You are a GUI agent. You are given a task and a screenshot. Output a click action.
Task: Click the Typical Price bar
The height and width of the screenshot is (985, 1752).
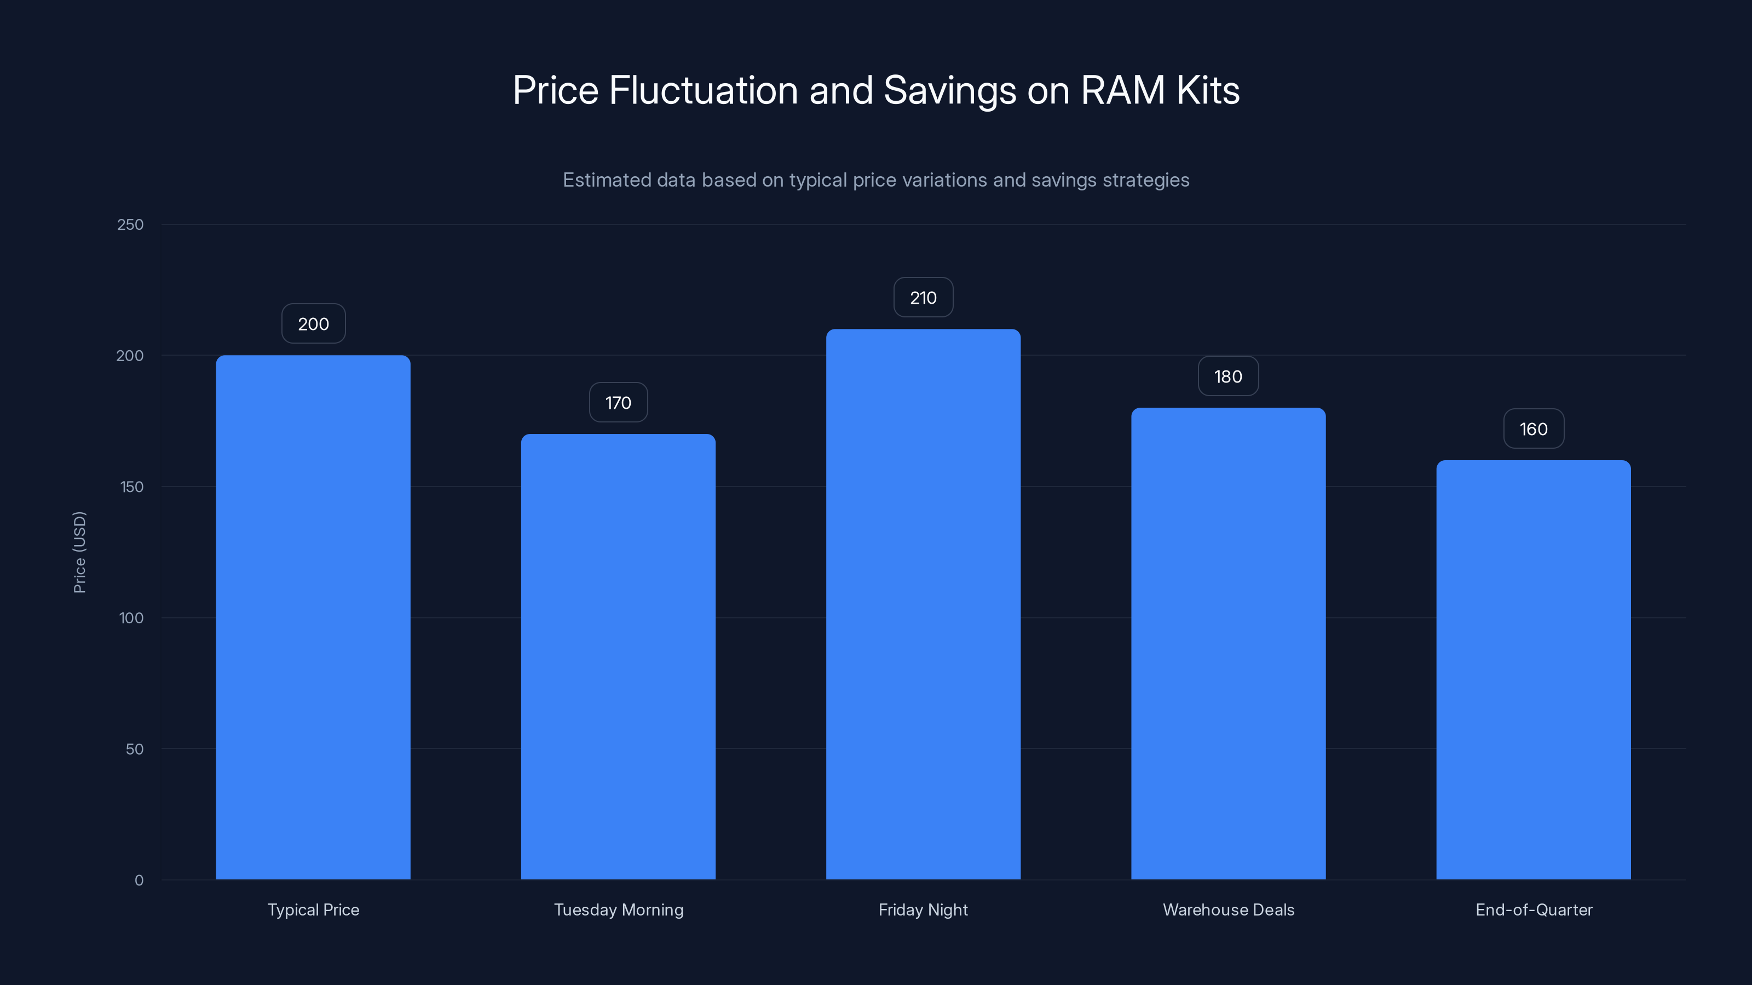313,617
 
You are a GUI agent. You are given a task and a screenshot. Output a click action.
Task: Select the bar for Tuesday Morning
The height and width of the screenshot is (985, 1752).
618,657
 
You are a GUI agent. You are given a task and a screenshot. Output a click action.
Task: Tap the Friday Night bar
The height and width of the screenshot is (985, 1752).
923,604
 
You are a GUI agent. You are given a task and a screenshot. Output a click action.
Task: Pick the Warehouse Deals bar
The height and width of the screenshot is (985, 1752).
1227,643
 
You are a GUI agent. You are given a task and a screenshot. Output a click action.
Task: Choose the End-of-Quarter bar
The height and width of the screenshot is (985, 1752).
1533,670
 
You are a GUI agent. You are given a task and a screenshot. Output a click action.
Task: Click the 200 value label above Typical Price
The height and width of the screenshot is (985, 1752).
314,323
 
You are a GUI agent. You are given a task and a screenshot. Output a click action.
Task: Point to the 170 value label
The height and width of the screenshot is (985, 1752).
618,402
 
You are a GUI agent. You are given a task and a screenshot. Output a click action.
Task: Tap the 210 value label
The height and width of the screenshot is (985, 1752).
923,297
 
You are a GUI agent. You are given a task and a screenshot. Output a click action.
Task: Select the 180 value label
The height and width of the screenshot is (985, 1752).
1227,376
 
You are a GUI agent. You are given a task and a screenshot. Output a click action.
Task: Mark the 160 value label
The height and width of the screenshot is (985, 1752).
1533,429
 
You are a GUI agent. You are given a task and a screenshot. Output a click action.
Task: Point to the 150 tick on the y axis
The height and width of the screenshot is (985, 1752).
131,486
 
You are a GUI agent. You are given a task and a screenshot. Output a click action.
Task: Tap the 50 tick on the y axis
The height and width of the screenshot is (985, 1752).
134,749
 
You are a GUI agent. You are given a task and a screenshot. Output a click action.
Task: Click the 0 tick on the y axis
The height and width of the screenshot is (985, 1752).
139,880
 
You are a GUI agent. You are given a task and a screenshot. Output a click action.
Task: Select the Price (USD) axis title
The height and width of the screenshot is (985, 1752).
79,552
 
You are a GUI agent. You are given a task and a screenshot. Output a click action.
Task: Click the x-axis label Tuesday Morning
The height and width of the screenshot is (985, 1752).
618,909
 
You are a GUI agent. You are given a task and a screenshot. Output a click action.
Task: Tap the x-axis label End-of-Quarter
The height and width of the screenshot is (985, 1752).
1533,909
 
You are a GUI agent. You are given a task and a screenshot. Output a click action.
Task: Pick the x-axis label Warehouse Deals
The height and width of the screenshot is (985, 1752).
1228,909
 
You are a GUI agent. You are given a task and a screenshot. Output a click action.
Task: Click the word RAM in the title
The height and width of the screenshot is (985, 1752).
1122,90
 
